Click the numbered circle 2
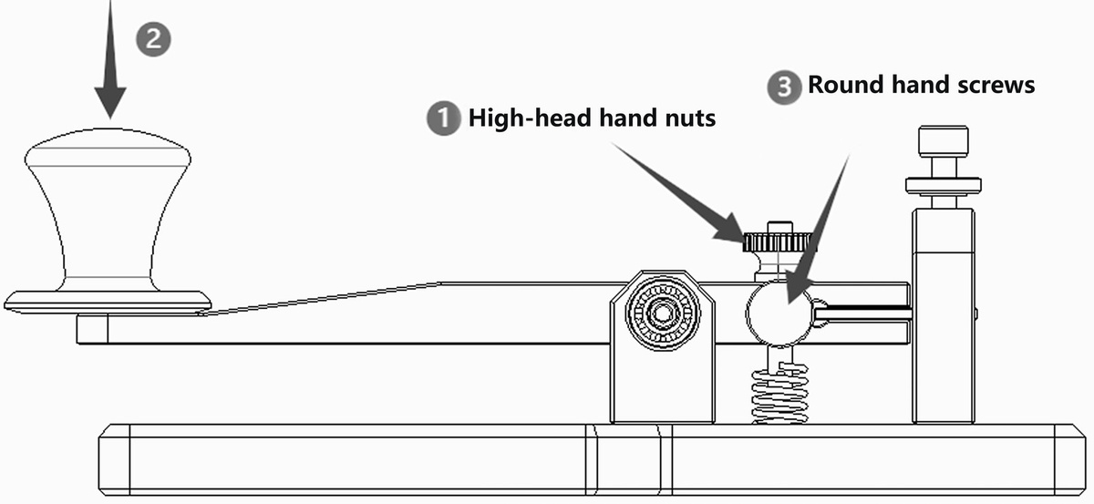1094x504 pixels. point(153,39)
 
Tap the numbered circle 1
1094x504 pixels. point(443,118)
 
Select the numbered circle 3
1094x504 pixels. point(784,87)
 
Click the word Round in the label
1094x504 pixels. point(846,85)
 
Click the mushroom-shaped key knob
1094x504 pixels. point(108,210)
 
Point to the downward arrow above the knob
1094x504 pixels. point(110,59)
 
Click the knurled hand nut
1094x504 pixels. point(777,242)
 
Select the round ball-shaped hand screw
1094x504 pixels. point(779,313)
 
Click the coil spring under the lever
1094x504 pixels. point(779,394)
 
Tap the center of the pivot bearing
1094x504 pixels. point(662,313)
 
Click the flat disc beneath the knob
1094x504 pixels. point(108,303)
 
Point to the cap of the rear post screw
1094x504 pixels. point(943,141)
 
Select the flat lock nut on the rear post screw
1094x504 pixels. point(944,186)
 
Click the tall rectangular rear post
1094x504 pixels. point(944,316)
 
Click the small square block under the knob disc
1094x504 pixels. point(92,329)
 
